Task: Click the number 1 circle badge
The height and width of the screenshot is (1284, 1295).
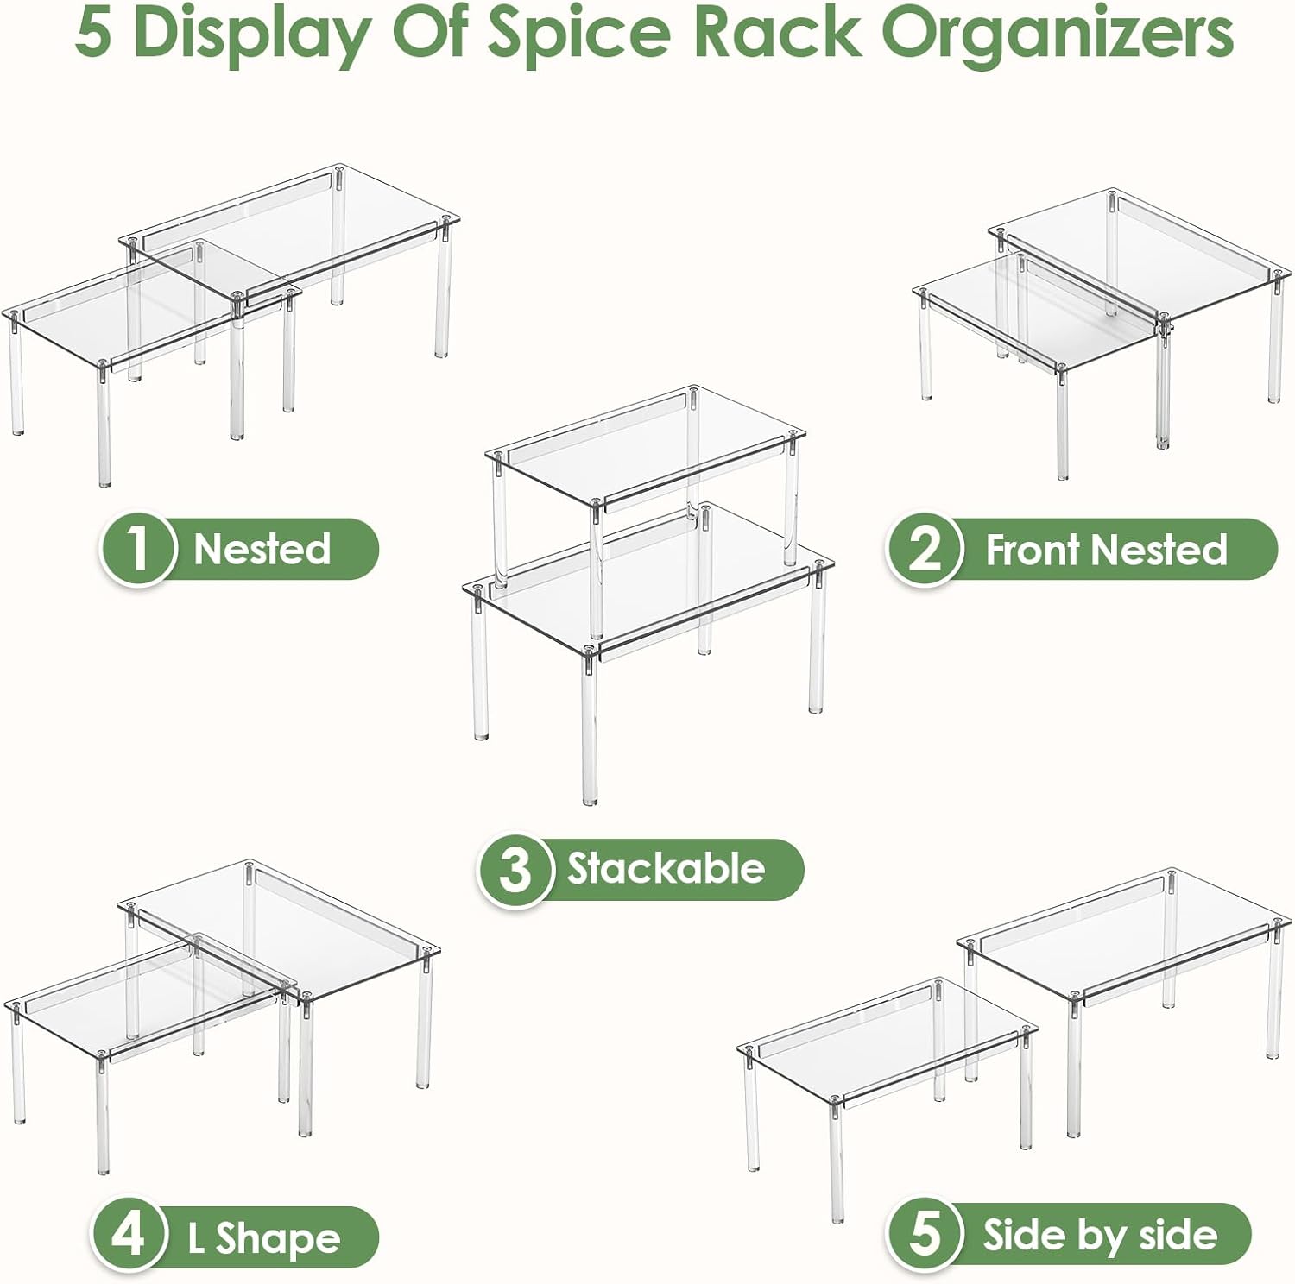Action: (138, 549)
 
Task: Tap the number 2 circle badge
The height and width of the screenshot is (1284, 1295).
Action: (924, 549)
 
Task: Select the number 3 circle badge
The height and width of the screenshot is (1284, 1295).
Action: (515, 869)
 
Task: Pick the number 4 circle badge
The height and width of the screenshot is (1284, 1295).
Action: (129, 1235)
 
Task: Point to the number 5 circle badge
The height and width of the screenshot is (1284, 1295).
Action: (925, 1234)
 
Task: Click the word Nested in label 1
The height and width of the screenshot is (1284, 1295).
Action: (262, 549)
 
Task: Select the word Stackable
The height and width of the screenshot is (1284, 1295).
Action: (666, 868)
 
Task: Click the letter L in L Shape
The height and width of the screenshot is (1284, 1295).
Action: (197, 1239)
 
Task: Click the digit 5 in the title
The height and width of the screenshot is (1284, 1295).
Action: (93, 33)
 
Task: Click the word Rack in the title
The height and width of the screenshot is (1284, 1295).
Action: (775, 33)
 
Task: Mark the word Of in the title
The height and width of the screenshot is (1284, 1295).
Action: (429, 33)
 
